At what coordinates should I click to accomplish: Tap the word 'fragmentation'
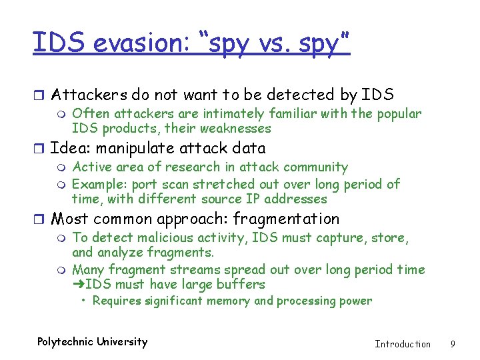pos(286,219)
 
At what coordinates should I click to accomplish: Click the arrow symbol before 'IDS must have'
pos(78,285)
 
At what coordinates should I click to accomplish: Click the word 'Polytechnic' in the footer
pos(65,342)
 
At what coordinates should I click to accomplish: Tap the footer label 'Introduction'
pos(403,344)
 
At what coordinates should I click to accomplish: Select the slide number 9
pos(453,344)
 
